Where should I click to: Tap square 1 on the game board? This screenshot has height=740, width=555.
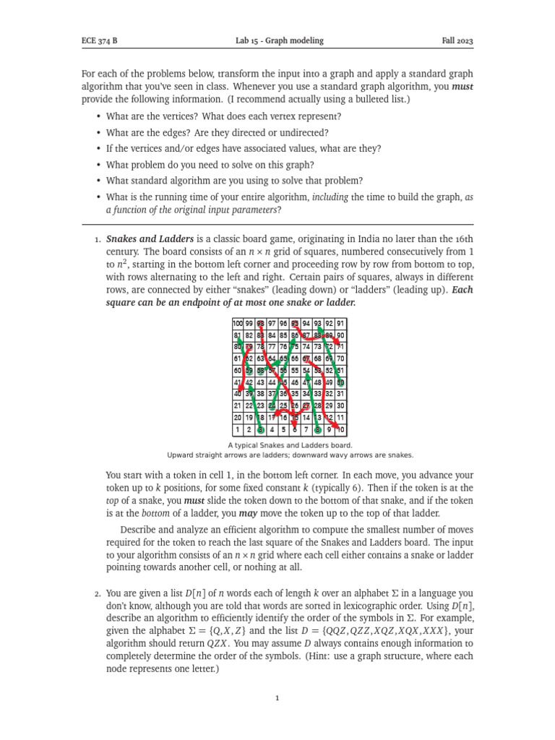(x=238, y=430)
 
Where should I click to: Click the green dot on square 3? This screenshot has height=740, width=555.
(x=261, y=430)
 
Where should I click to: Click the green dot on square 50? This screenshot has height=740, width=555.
(x=340, y=383)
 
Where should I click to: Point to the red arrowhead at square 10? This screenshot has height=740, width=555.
(x=340, y=429)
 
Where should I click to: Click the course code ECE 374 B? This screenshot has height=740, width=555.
(x=98, y=41)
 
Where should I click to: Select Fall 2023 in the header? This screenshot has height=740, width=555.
(x=457, y=41)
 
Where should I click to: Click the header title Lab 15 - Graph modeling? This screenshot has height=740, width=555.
(x=280, y=41)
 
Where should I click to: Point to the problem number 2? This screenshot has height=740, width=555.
(x=97, y=594)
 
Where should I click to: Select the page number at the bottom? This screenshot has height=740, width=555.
(x=277, y=699)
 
